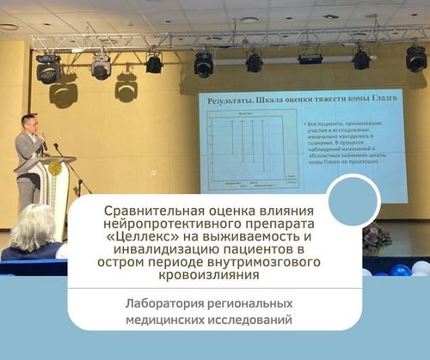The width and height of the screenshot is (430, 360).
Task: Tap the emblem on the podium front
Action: (x=58, y=168)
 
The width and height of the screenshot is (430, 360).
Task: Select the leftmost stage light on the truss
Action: (x=48, y=69)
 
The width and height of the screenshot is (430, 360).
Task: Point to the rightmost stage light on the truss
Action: (x=416, y=58)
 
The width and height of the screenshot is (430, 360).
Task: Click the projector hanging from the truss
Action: (x=310, y=58)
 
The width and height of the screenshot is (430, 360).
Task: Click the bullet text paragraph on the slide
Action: (x=328, y=142)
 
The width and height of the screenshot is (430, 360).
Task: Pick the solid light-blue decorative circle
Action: (x=353, y=199)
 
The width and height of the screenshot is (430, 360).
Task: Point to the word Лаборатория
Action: (x=171, y=303)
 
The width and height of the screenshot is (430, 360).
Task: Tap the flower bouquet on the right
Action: (x=376, y=237)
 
